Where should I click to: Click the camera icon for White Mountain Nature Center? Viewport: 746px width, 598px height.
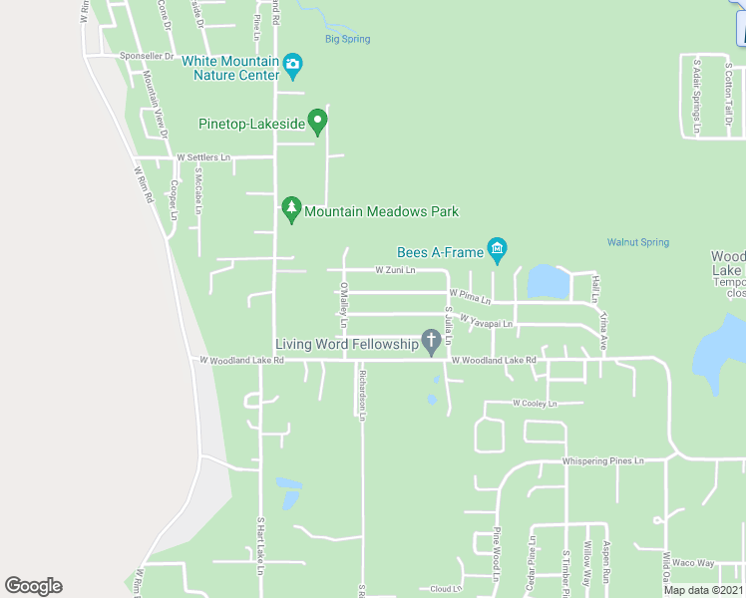(x=292, y=67)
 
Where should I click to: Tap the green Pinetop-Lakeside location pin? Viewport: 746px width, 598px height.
(x=318, y=122)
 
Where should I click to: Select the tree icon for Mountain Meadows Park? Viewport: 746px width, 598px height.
(x=291, y=209)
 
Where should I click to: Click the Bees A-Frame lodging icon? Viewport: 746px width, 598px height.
(x=497, y=248)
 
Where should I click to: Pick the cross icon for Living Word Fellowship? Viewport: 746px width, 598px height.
(x=432, y=343)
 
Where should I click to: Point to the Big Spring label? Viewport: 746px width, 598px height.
(x=347, y=40)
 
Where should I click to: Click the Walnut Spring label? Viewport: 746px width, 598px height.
(x=638, y=242)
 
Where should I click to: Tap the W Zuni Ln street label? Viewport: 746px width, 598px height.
(x=395, y=270)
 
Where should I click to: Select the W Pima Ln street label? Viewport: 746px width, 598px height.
(x=470, y=297)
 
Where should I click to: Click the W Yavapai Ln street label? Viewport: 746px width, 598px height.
(x=486, y=322)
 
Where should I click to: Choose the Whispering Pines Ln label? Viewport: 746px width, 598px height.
(x=603, y=461)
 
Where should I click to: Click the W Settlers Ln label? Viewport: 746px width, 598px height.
(x=203, y=157)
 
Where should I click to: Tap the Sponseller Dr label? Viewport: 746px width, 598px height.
(x=147, y=57)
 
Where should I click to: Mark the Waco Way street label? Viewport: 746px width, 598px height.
(x=693, y=563)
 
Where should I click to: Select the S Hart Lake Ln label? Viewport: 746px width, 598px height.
(x=259, y=545)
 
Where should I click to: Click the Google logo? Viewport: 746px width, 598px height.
(x=33, y=586)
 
